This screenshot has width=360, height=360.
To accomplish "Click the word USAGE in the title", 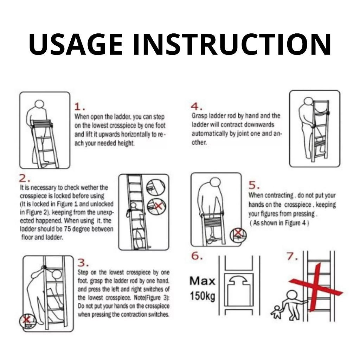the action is [x=76, y=44].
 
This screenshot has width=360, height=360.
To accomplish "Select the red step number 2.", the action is [x=24, y=178].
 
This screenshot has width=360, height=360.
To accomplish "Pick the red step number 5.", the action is [x=254, y=185].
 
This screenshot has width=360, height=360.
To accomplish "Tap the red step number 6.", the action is [x=197, y=256].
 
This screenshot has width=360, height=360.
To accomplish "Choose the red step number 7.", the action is [x=292, y=256].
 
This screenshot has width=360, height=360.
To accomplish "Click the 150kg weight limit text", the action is [x=202, y=296].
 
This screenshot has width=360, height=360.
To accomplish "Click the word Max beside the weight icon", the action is [x=202, y=281].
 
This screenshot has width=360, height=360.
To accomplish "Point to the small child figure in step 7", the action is [x=277, y=312].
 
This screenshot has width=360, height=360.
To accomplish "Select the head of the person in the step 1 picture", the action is [x=39, y=104].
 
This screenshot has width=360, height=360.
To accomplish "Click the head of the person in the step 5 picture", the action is [x=216, y=183].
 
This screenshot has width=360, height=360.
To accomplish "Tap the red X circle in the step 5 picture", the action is [x=238, y=235].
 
